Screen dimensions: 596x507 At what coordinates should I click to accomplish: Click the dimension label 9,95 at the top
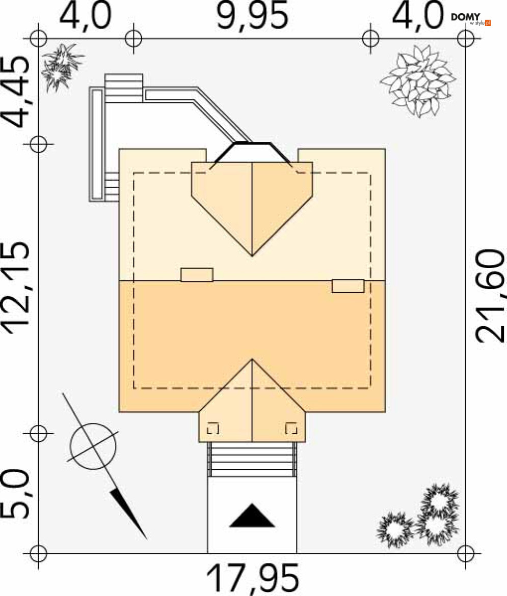(x=252, y=17)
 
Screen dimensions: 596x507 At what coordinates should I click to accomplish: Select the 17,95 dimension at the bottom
(x=253, y=578)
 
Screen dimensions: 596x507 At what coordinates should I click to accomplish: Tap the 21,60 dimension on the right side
(x=490, y=295)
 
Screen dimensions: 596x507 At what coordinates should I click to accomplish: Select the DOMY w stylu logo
(x=470, y=19)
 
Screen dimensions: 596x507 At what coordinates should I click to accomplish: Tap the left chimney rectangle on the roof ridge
(x=197, y=274)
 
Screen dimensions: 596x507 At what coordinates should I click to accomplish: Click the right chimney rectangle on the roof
(x=348, y=286)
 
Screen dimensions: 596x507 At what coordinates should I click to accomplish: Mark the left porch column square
(x=213, y=429)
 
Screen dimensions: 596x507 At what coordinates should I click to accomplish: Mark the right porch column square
(x=291, y=429)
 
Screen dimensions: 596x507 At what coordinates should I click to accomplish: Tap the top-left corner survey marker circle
(x=38, y=38)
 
